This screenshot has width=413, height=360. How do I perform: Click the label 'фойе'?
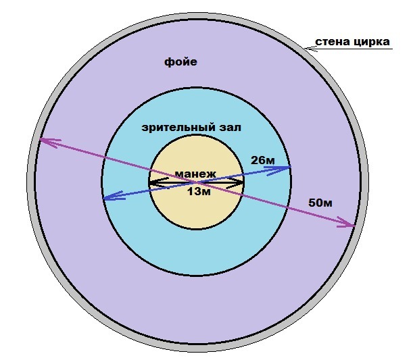(x=180, y=62)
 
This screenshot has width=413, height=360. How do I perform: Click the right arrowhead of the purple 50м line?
(x=352, y=226)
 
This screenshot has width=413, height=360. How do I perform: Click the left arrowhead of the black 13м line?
(x=151, y=183)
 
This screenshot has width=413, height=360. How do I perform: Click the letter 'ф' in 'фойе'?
(x=168, y=62)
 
